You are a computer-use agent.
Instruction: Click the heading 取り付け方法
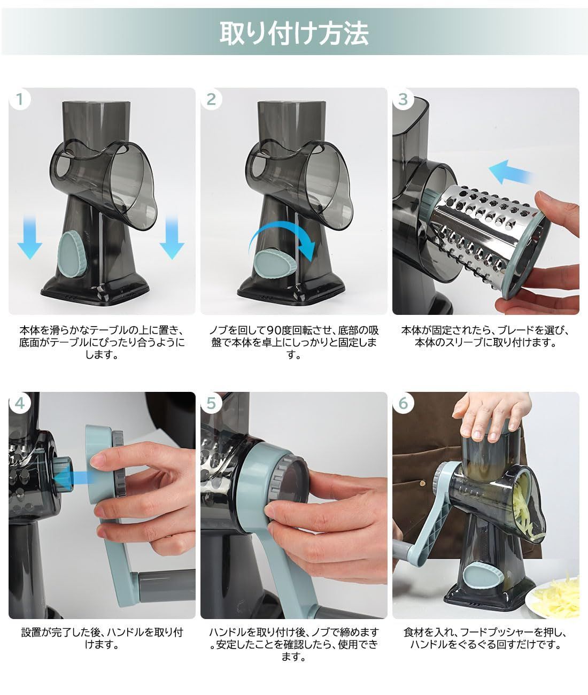pos(294,33)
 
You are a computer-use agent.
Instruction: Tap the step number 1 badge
pos(20,99)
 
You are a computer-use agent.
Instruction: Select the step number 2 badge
pos(211,99)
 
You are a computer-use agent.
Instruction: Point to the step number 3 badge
pos(403,99)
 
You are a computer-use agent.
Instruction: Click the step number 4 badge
pos(20,403)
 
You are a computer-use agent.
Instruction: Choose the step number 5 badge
pos(211,403)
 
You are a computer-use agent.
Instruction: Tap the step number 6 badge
pos(403,403)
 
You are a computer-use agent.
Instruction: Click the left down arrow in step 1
pos(29,237)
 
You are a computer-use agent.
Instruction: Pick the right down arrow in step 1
pos(172,237)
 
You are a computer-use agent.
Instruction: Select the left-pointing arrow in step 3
pos(510,172)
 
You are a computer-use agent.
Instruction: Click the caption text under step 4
pos(102,638)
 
